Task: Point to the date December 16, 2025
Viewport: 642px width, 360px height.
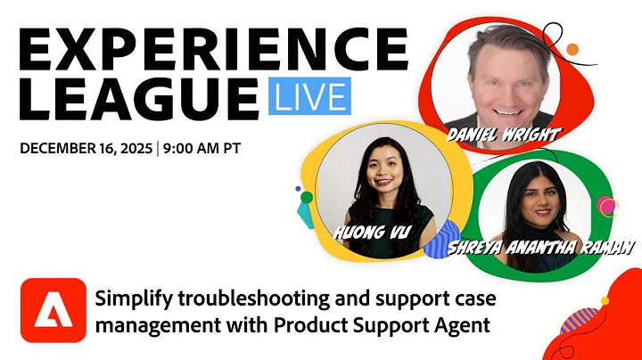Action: pos(86,148)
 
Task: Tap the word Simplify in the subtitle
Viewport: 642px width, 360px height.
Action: pos(128,298)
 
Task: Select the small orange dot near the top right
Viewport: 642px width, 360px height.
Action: pos(572,49)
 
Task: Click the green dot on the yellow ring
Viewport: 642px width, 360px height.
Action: pos(307,197)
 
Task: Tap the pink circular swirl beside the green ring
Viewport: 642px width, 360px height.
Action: pos(608,208)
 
